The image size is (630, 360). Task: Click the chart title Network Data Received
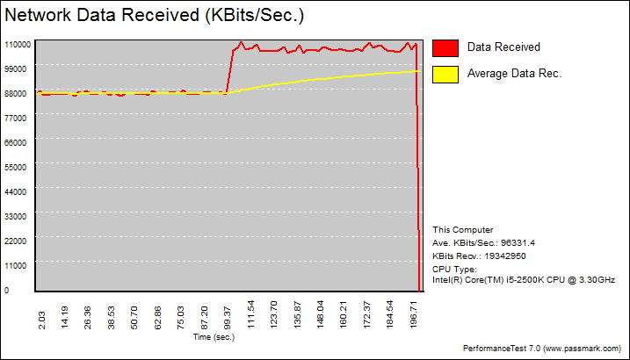tap(155, 16)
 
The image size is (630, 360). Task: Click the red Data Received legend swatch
tap(445, 47)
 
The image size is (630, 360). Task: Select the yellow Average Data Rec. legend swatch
tap(445, 74)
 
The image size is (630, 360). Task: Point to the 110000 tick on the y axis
tap(18, 43)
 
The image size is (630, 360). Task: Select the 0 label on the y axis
tap(6, 290)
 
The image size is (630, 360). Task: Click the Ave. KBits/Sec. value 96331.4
tap(513, 242)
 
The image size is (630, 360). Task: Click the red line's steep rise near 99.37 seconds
tap(229, 70)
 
